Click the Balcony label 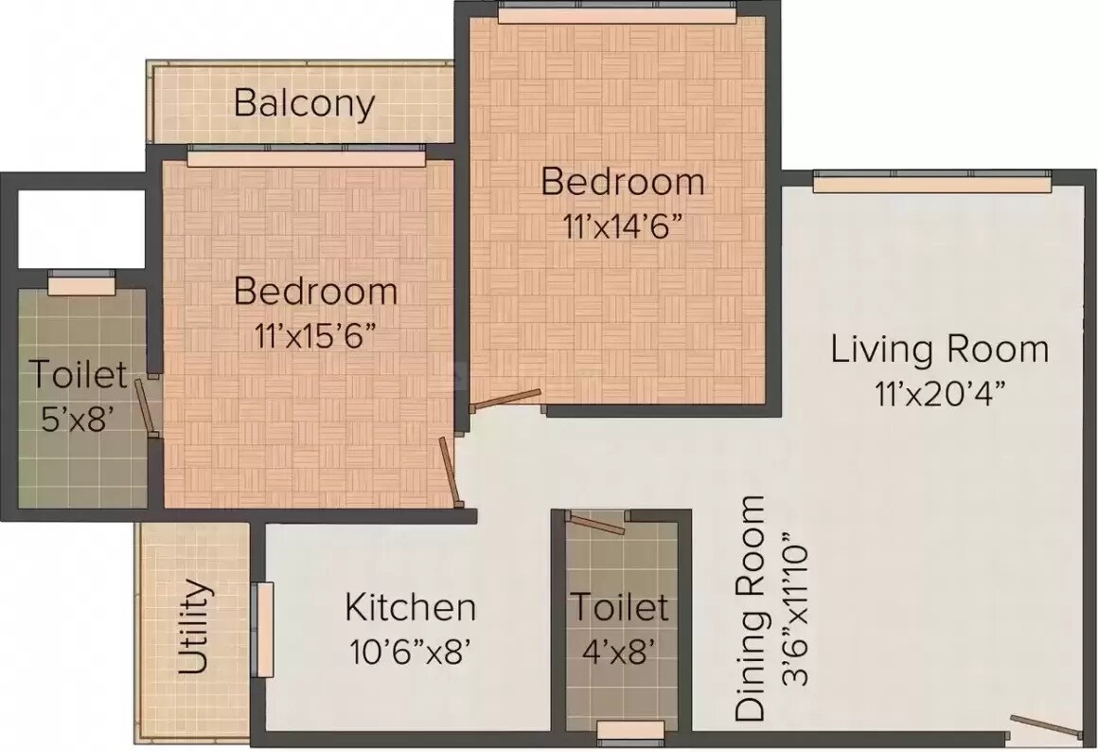pos(304,102)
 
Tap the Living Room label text pos(939,349)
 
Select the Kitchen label pos(409,607)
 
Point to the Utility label pos(194,626)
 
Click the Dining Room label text pos(750,608)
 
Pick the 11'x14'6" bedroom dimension pos(620,227)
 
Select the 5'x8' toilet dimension pos(78,419)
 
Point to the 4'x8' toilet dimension pos(620,652)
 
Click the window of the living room pos(931,182)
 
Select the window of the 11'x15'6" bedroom pos(306,156)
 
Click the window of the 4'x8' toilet pos(630,729)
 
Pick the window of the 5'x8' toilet pos(81,281)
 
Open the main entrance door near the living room pos(1045,727)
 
